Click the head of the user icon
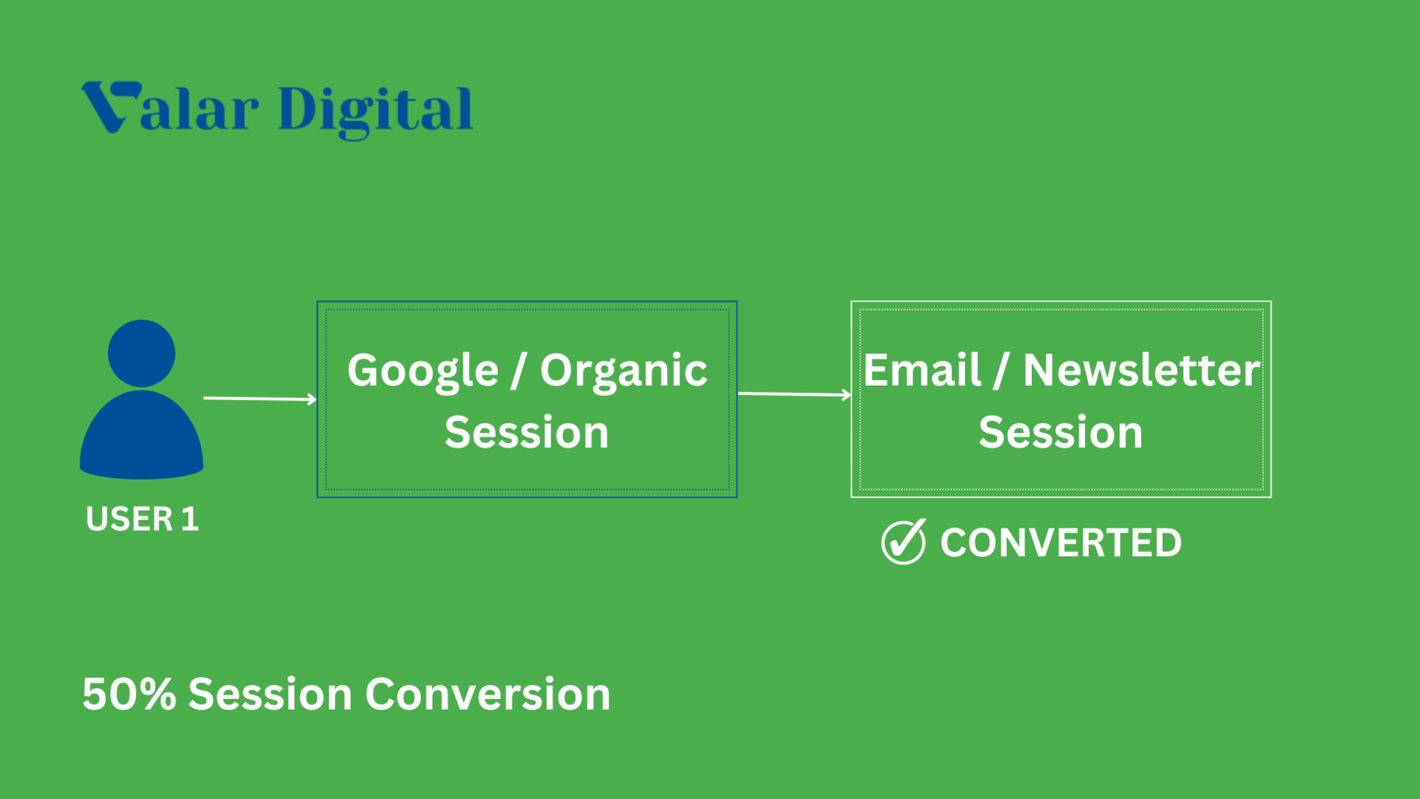[x=141, y=353]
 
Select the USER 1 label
[x=142, y=519]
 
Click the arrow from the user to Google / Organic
[x=260, y=398]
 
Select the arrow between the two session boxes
[x=795, y=394]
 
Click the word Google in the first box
[x=423, y=372]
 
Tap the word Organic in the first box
[x=623, y=372]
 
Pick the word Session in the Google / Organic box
[x=527, y=432]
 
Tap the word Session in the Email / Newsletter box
[x=1061, y=432]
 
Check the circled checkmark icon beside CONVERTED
[x=903, y=542]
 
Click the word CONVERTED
[x=1061, y=542]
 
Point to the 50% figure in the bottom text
[x=129, y=694]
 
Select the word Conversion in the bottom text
[x=488, y=694]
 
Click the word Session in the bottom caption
[x=270, y=694]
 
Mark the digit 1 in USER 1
[x=189, y=519]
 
